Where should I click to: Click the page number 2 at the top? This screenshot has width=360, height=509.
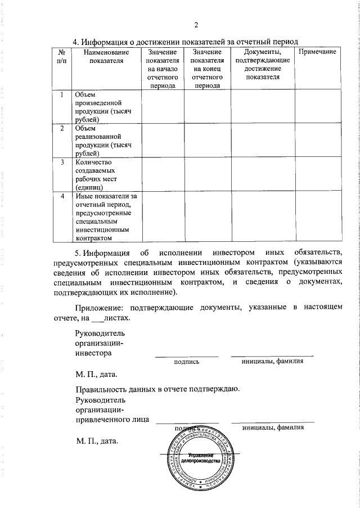(x=196, y=25)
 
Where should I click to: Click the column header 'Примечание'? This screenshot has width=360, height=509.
(x=317, y=52)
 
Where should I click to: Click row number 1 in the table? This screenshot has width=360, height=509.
(x=61, y=94)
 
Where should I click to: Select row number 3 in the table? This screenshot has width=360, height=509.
(x=61, y=162)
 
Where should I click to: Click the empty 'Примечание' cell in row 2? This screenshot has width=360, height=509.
(x=317, y=141)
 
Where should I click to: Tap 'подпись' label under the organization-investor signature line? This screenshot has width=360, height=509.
(x=187, y=362)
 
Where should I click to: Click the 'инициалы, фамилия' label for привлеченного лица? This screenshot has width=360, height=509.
(x=273, y=427)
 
